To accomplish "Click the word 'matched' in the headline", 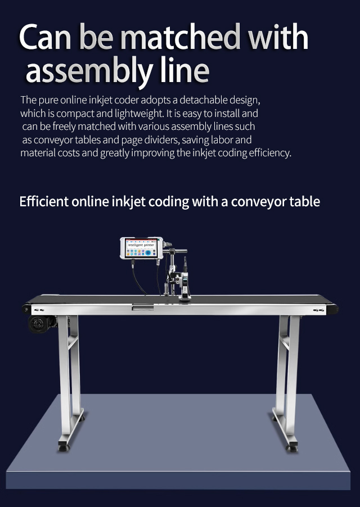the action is (x=181, y=37).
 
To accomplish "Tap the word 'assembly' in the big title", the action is (x=89, y=72).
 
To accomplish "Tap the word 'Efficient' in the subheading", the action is (x=44, y=201).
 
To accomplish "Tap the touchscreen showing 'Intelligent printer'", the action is (x=141, y=248).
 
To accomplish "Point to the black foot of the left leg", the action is (x=64, y=448).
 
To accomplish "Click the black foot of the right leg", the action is (x=292, y=448).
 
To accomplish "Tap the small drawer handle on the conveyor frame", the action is (x=143, y=307).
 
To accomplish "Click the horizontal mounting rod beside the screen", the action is (x=176, y=251).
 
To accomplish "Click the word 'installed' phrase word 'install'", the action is (x=227, y=114).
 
